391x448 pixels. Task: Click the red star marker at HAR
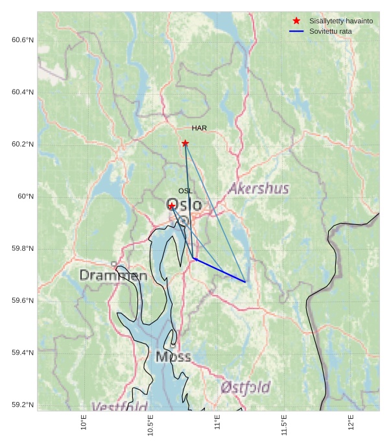(185, 143)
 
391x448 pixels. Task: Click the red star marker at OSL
(172, 206)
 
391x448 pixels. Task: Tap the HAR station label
(199, 128)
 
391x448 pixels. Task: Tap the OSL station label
(185, 191)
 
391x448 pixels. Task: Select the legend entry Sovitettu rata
(330, 31)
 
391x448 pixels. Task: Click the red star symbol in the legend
(296, 21)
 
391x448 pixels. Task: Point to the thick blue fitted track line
(220, 270)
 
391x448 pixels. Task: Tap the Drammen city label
(113, 276)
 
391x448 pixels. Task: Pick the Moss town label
(173, 357)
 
